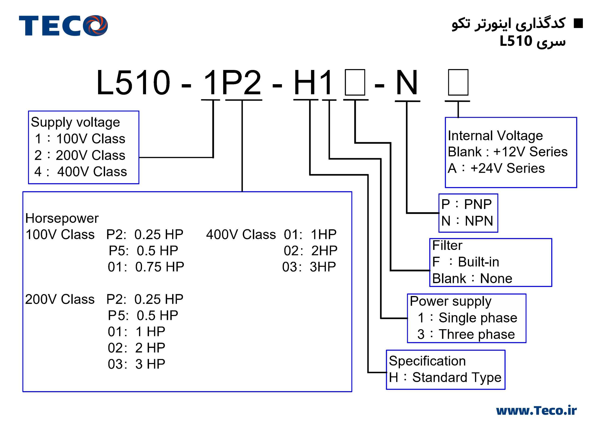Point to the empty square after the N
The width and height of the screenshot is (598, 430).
pyautogui.click(x=458, y=82)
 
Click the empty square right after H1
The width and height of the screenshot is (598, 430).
pyautogui.click(x=355, y=82)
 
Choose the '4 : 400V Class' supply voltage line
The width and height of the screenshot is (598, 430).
pyautogui.click(x=80, y=172)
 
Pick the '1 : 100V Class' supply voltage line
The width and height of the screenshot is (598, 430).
pyautogui.click(x=80, y=139)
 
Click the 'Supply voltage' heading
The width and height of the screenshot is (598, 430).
pyautogui.click(x=75, y=122)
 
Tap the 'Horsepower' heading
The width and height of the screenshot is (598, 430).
pyautogui.click(x=62, y=218)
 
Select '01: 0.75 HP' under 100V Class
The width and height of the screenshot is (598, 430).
pyautogui.click(x=146, y=267)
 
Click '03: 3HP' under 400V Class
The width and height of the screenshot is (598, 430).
pyautogui.click(x=309, y=267)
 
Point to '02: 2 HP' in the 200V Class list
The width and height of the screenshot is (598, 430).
pyautogui.click(x=136, y=348)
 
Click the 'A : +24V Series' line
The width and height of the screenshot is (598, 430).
pyautogui.click(x=496, y=168)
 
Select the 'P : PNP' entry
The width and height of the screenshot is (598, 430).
pyautogui.click(x=466, y=204)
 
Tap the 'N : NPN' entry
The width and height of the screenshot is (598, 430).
pyautogui.click(x=467, y=221)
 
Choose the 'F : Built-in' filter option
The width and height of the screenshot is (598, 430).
pyautogui.click(x=466, y=262)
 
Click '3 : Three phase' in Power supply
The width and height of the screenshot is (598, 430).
pyautogui.click(x=466, y=334)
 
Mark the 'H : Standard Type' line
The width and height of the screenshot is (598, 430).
pyautogui.click(x=445, y=377)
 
